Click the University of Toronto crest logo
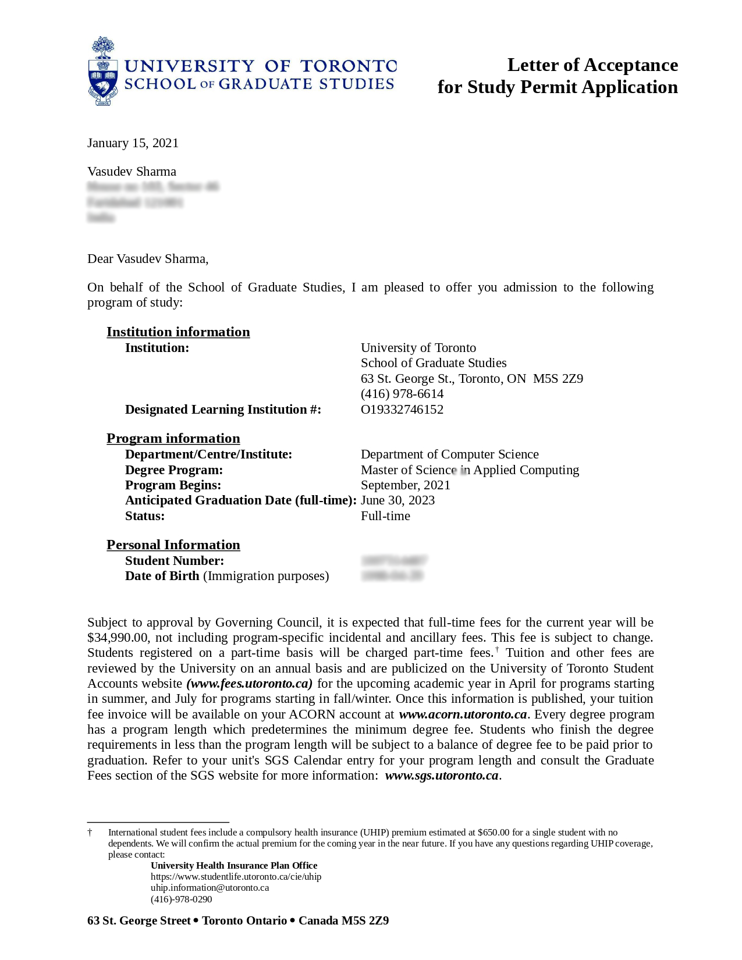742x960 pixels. tap(103, 71)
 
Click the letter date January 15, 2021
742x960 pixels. tap(133, 143)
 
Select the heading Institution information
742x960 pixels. tap(178, 332)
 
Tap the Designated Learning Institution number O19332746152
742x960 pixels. tap(402, 410)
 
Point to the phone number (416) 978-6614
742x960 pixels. tap(402, 394)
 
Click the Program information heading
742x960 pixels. tap(173, 438)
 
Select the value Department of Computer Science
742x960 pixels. tap(449, 454)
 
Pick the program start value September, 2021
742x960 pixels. tap(405, 485)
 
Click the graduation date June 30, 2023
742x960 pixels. tap(397, 500)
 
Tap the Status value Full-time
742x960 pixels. tap(385, 516)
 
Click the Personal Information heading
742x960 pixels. tap(173, 545)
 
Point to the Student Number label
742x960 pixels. tap(174, 561)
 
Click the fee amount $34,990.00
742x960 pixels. tap(118, 638)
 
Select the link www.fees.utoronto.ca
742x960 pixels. tap(249, 684)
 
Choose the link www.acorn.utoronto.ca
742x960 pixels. tap(462, 714)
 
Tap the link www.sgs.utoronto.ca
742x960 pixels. tap(442, 776)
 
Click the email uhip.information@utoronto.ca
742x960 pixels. tap(210, 888)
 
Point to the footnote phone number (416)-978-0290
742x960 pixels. tap(181, 899)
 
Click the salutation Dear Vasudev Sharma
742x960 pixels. tap(147, 259)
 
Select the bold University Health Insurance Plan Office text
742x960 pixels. tap(234, 866)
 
